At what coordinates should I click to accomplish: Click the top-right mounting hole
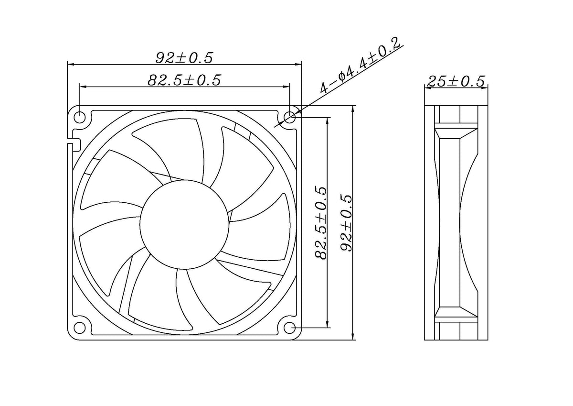click(290, 117)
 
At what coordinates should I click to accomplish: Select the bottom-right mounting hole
click(290, 328)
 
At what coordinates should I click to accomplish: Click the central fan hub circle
click(184, 224)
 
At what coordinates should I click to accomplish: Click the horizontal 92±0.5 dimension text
click(184, 58)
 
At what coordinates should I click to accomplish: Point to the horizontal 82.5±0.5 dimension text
click(184, 80)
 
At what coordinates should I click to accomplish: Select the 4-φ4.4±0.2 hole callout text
click(360, 66)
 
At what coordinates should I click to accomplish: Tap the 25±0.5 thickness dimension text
click(456, 81)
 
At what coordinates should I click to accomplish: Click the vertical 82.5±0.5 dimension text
click(320, 223)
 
